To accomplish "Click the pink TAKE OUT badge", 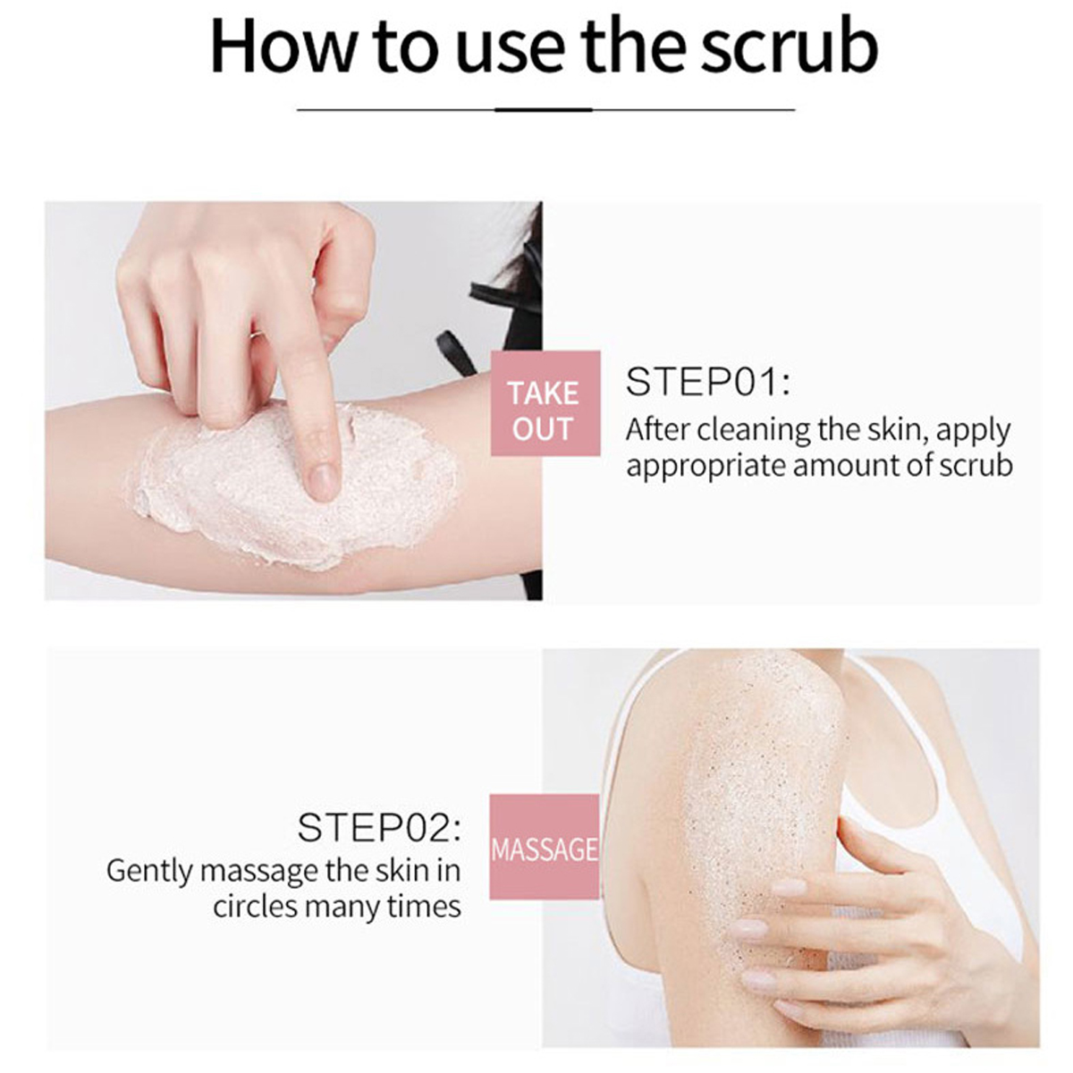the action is tap(545, 403).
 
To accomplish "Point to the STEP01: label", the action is tap(707, 382).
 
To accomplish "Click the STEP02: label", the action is tap(379, 828).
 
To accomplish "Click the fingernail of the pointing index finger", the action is tap(324, 482).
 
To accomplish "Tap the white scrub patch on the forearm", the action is tap(295, 485).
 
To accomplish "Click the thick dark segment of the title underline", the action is tap(543, 110).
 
